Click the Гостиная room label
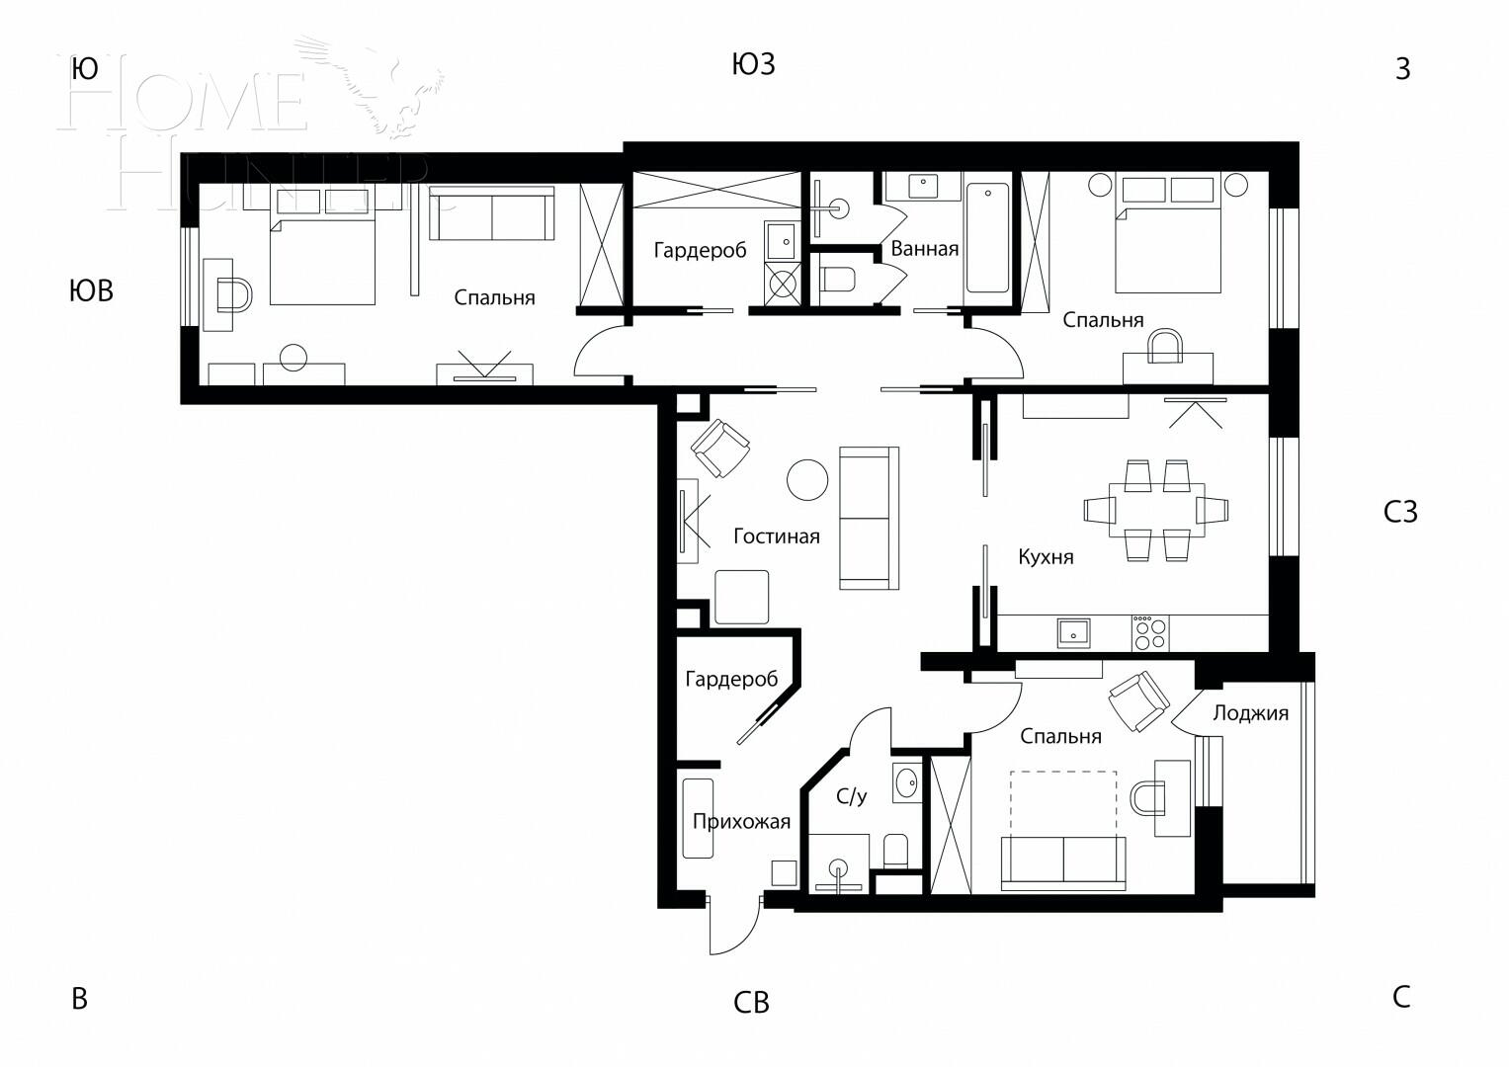pyautogui.click(x=776, y=536)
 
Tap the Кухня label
pyautogui.click(x=1046, y=557)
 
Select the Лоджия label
pyautogui.click(x=1250, y=713)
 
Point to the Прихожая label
pyautogui.click(x=741, y=822)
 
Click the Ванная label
pyautogui.click(x=924, y=249)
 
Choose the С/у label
pyautogui.click(x=851, y=796)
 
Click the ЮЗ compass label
pyautogui.click(x=753, y=65)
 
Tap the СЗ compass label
pyautogui.click(x=1400, y=512)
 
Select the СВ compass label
pyautogui.click(x=751, y=1003)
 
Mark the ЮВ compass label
pyautogui.click(x=91, y=291)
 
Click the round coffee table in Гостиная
pyautogui.click(x=807, y=479)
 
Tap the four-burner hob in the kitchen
pyautogui.click(x=1149, y=632)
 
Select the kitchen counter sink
pyautogui.click(x=1073, y=632)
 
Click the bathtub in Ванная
pyautogui.click(x=987, y=238)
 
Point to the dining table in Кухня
pyautogui.click(x=1156, y=510)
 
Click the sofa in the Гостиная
pyautogui.click(x=869, y=518)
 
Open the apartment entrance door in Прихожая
pyautogui.click(x=733, y=926)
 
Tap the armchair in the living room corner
pyautogui.click(x=720, y=448)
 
